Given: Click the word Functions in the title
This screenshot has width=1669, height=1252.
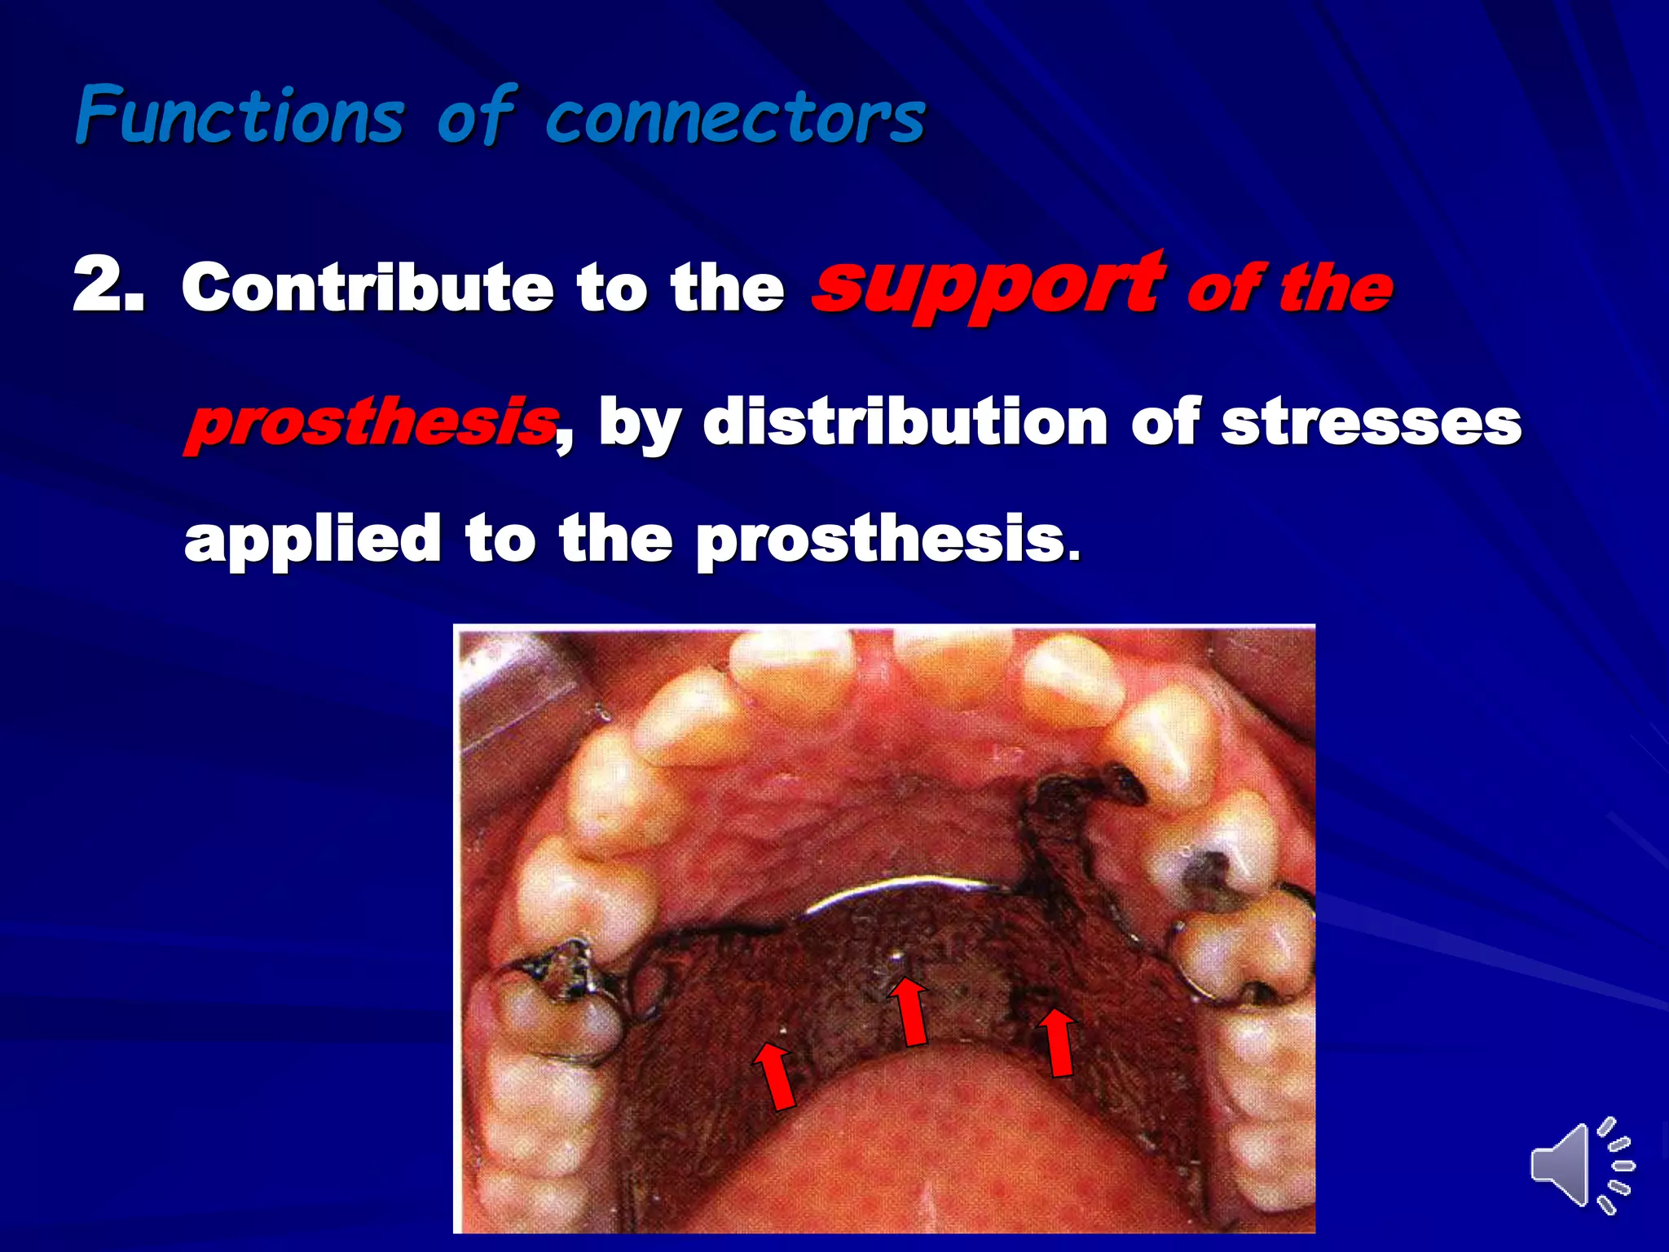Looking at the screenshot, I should [x=240, y=117].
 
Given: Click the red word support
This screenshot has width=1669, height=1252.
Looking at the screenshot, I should [x=989, y=287].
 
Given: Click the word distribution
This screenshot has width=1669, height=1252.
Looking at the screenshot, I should [x=905, y=421].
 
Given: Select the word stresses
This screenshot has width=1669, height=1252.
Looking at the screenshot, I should [x=1371, y=423].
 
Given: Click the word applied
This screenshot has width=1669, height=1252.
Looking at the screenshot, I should [x=312, y=540].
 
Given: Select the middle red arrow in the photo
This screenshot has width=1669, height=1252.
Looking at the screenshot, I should [x=909, y=1011].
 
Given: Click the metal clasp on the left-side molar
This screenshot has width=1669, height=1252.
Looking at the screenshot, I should [x=562, y=974].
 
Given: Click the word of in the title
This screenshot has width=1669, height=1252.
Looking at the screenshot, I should [x=475, y=117].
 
